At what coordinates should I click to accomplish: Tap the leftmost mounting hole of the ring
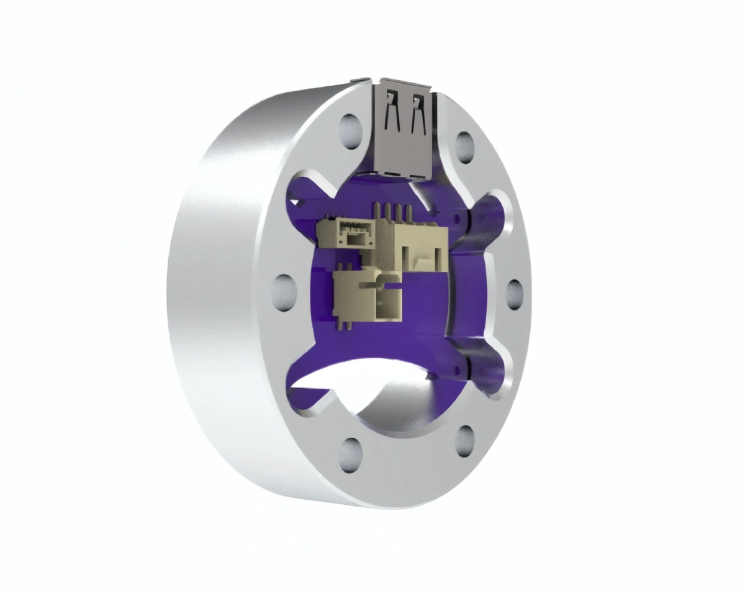coord(284,290)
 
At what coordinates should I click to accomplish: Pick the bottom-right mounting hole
coord(464,440)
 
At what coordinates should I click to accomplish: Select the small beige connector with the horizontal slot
coord(351,235)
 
